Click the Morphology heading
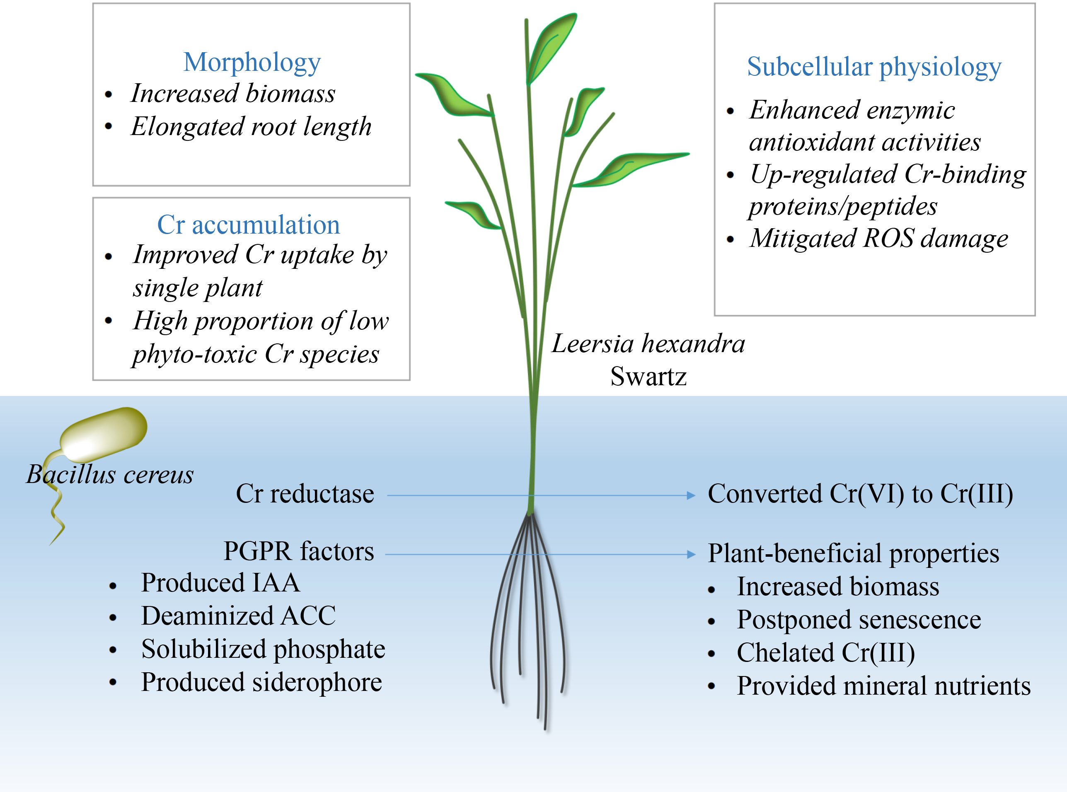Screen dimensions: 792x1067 pyautogui.click(x=252, y=62)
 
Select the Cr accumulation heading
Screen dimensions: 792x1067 pyautogui.click(x=248, y=225)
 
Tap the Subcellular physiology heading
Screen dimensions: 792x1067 pyautogui.click(x=874, y=67)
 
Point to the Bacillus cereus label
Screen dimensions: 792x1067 pyautogui.click(x=110, y=475)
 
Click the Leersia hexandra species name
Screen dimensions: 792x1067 pyautogui.click(x=648, y=344)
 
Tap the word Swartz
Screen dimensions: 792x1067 pyautogui.click(x=648, y=377)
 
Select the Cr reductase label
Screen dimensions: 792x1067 pyautogui.click(x=305, y=494)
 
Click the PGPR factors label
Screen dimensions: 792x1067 pyautogui.click(x=298, y=551)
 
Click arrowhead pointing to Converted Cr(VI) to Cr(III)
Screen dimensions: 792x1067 pyautogui.click(x=691, y=496)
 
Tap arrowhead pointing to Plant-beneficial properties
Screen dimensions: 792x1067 pyautogui.click(x=691, y=555)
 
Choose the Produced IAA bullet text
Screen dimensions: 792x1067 pyautogui.click(x=220, y=583)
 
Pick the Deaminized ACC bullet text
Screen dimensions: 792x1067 pyautogui.click(x=238, y=616)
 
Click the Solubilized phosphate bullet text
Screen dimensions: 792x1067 pyautogui.click(x=263, y=649)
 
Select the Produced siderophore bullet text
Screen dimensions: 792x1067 pyautogui.click(x=261, y=682)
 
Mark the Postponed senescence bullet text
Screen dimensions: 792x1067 pyautogui.click(x=859, y=619)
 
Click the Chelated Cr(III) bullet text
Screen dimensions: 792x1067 pyautogui.click(x=825, y=652)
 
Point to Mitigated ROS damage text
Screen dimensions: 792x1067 pyautogui.click(x=878, y=238)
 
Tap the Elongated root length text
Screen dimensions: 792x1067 pyautogui.click(x=251, y=127)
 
